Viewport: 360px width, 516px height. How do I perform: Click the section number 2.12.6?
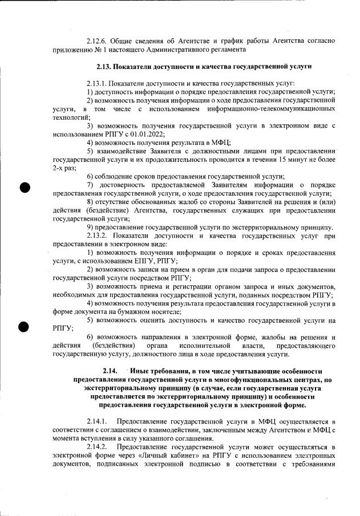pos(98,41)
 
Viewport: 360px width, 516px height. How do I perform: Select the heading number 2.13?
pos(106,67)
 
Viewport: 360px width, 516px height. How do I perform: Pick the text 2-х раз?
pos(63,169)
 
